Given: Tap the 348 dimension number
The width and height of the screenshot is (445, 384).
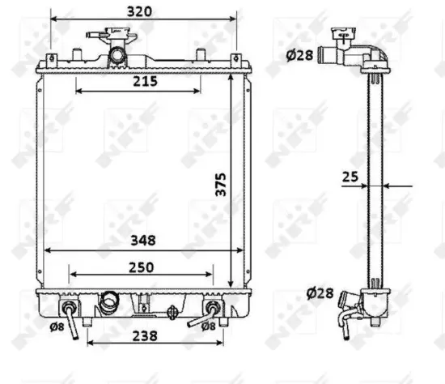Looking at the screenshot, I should (x=139, y=240).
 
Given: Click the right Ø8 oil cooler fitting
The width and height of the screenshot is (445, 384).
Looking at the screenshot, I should (x=212, y=309).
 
